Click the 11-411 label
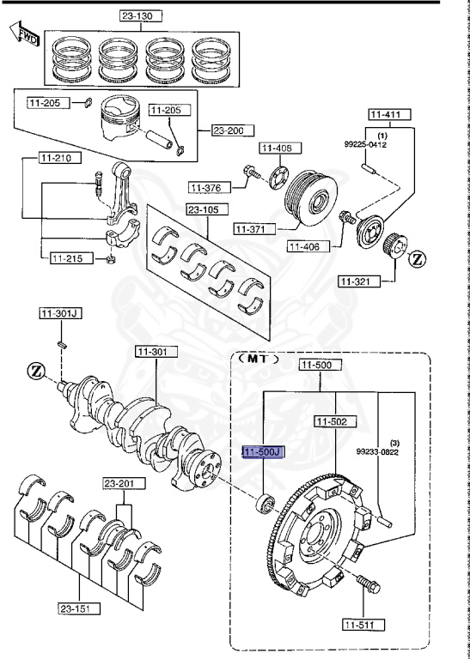(x=391, y=114)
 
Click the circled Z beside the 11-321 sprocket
(x=417, y=258)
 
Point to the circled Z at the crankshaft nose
(x=35, y=371)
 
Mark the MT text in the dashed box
(x=261, y=360)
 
